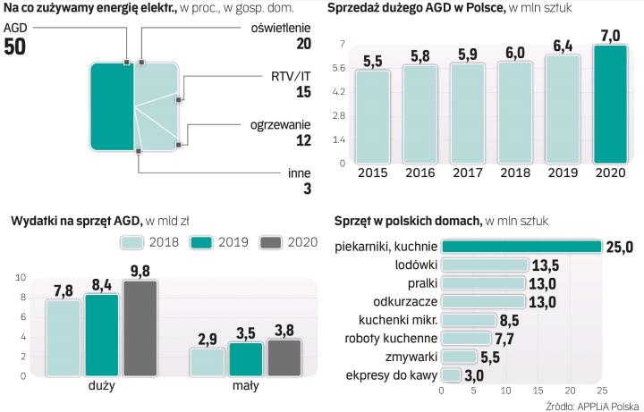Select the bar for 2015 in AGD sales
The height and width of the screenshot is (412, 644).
click(x=371, y=117)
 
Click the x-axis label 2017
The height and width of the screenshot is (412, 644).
click(x=465, y=174)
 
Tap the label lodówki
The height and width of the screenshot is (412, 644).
click(x=416, y=265)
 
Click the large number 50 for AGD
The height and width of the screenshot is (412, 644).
click(x=16, y=47)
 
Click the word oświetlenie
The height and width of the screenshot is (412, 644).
click(x=283, y=26)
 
